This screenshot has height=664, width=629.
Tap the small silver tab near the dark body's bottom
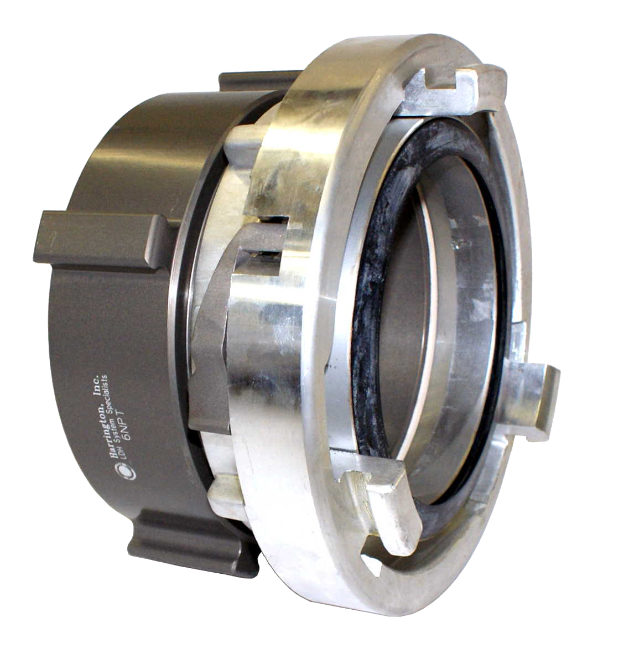click(227, 495)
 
